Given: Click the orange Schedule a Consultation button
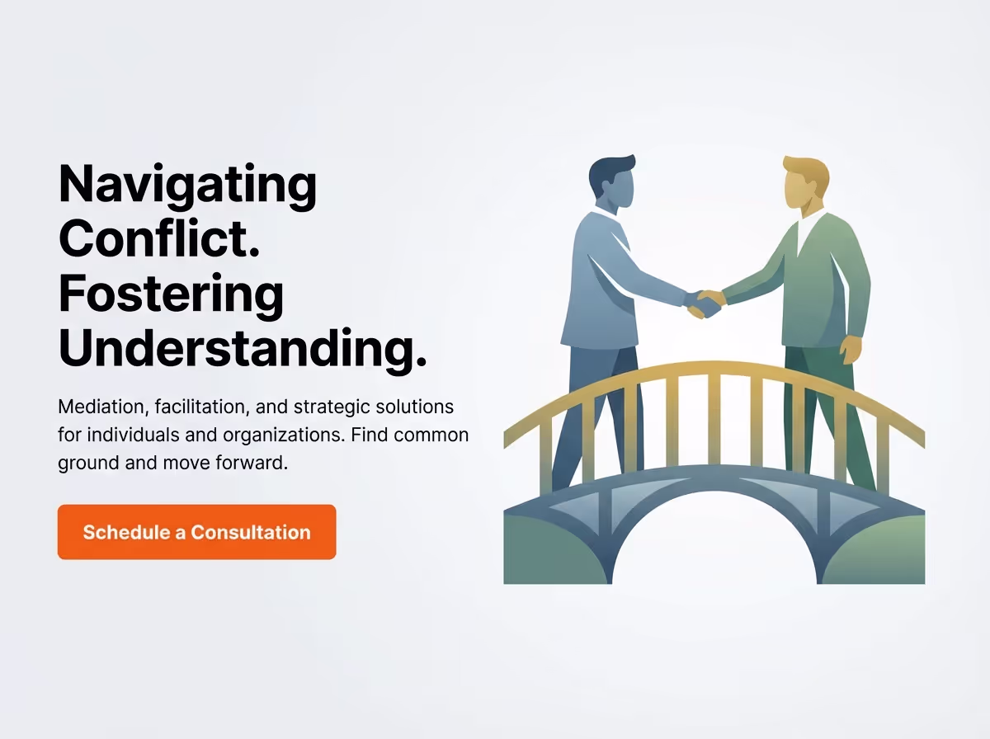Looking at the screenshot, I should click(196, 532).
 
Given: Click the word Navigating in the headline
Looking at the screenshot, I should click(187, 186).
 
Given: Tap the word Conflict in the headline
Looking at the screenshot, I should click(158, 239).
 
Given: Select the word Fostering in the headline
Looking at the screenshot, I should click(171, 294).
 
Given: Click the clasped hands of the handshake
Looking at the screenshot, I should click(705, 304).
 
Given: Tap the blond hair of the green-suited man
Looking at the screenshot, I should click(807, 169).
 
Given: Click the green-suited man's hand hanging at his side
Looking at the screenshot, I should click(851, 348).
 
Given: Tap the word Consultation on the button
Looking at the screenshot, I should click(251, 532).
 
